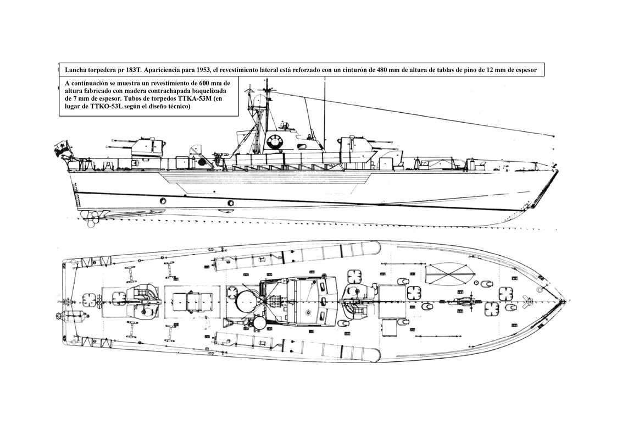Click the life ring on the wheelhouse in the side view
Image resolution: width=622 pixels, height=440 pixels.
(273, 143)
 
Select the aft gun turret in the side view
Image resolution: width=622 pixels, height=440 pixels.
(148, 146)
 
